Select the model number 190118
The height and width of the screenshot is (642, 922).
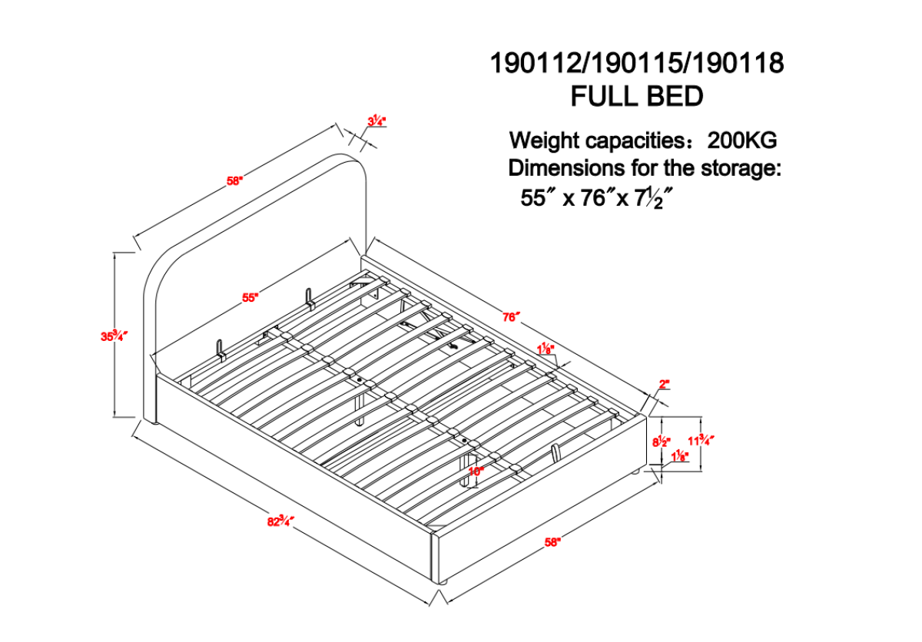click(738, 63)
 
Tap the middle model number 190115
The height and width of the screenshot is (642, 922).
click(637, 63)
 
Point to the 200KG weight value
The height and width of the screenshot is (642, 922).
click(742, 141)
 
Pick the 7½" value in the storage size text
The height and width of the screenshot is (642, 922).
click(655, 198)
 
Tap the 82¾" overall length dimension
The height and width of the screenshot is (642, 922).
click(280, 521)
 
